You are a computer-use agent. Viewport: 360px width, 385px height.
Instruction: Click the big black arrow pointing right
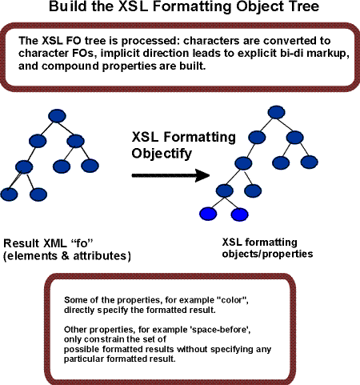(170, 175)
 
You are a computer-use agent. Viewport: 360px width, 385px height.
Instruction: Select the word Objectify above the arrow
(162, 154)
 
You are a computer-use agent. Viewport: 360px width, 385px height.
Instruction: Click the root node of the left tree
(57, 116)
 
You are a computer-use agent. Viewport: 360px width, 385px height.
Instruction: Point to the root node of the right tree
(276, 112)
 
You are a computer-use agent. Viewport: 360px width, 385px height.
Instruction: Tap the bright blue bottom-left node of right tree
(208, 214)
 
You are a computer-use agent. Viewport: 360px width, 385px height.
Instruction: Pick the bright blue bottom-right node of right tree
(239, 215)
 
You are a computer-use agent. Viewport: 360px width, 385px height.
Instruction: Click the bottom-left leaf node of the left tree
(9, 195)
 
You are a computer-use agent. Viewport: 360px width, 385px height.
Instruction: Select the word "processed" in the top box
(150, 41)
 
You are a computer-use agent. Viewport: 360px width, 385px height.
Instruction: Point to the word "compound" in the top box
(70, 66)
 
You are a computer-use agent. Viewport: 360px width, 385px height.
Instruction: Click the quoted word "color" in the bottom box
(233, 300)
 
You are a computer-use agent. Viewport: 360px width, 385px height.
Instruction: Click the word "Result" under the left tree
(22, 243)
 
